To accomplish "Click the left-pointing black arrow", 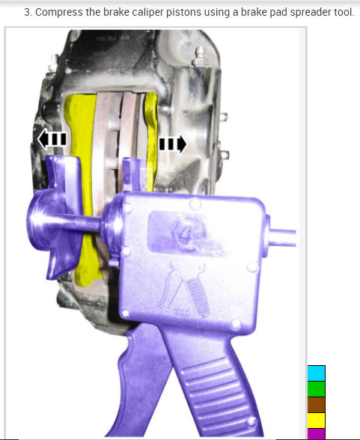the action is coord(52,139).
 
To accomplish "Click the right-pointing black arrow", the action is coord(173,144).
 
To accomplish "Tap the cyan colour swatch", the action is coord(317,373).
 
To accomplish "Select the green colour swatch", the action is coord(317,389).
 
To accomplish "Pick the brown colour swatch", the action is coord(317,405).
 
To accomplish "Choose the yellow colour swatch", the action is coord(317,421).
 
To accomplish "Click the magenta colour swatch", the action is coord(317,434).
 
